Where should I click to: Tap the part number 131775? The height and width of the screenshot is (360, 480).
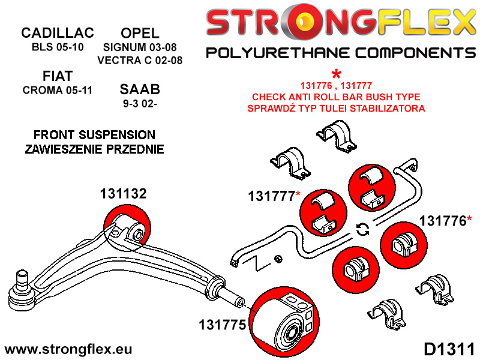point(222,325)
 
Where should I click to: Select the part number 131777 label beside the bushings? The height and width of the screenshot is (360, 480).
point(271,196)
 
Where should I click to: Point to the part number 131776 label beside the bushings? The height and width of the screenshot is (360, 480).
point(442,221)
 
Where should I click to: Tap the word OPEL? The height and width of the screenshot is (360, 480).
point(140,32)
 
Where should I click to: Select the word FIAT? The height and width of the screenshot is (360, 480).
point(58,76)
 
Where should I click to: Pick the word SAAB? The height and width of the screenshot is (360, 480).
point(140,90)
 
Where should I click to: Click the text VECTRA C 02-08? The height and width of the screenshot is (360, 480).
point(140,60)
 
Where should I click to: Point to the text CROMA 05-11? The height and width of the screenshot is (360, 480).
point(58,91)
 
